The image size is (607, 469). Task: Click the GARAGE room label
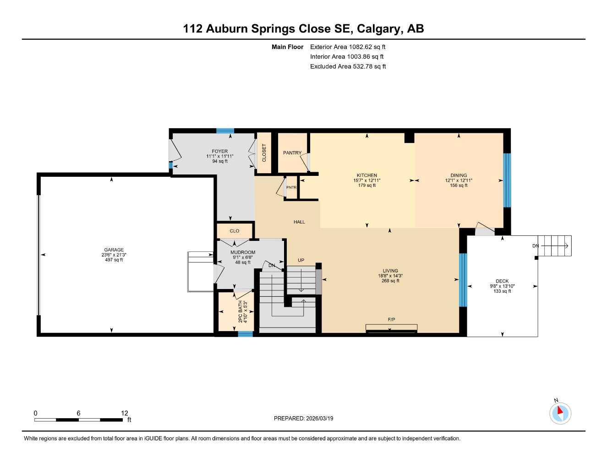(x=114, y=250)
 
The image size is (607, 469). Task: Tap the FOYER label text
(x=220, y=151)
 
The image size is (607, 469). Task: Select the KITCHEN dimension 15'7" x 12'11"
(x=366, y=180)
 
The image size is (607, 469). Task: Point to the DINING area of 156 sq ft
(x=459, y=185)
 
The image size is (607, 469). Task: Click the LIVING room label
(x=390, y=271)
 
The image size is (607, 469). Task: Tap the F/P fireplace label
(x=391, y=320)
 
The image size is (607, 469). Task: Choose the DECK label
(x=502, y=281)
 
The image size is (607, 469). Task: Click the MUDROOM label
(x=243, y=252)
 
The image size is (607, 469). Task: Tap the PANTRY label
(x=292, y=153)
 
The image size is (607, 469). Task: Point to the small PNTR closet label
(x=291, y=187)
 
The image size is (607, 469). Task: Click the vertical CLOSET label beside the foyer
(x=264, y=153)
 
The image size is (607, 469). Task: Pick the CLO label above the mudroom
(x=235, y=231)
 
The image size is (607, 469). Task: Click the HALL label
(x=299, y=222)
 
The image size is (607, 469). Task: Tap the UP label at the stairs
(x=301, y=260)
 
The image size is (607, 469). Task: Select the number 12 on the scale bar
(x=125, y=413)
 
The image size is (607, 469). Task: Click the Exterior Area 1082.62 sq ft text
(x=348, y=47)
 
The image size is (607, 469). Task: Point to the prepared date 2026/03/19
(x=320, y=418)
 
